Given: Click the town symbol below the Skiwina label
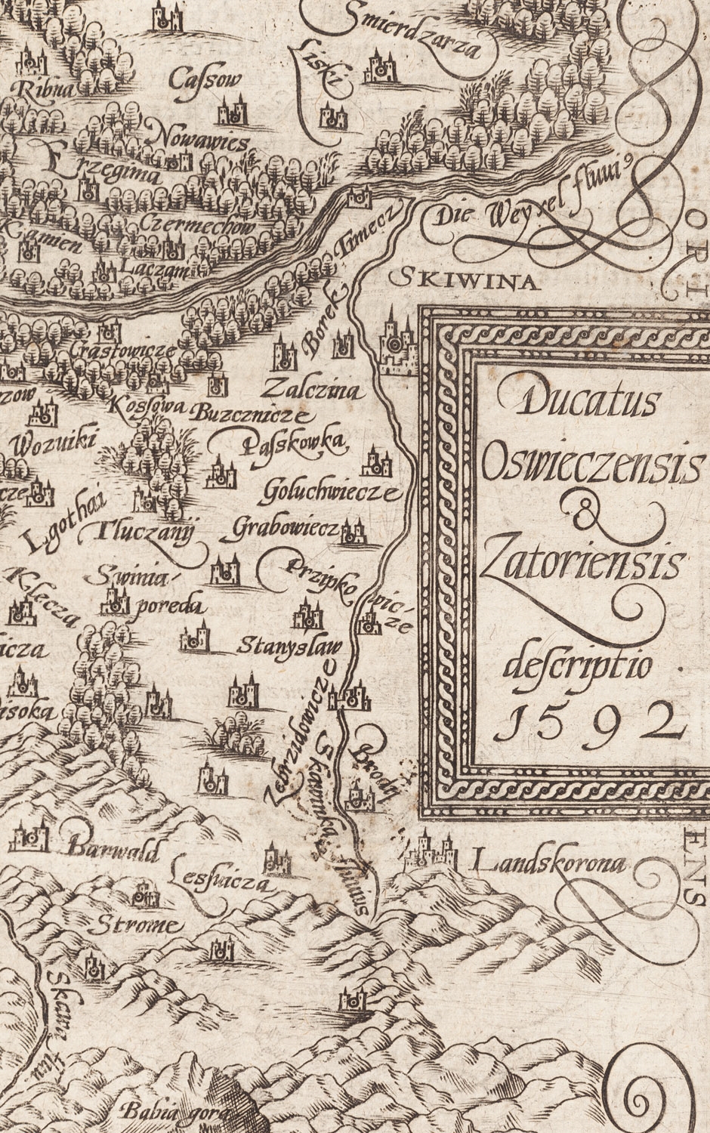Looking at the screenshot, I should [x=396, y=344].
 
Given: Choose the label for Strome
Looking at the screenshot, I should [x=140, y=925].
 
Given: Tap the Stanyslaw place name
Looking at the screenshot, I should [x=290, y=647].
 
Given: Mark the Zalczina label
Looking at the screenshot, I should [x=313, y=391].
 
